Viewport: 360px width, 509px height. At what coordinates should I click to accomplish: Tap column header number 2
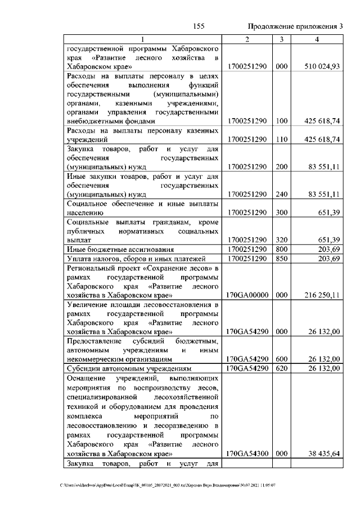247,39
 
